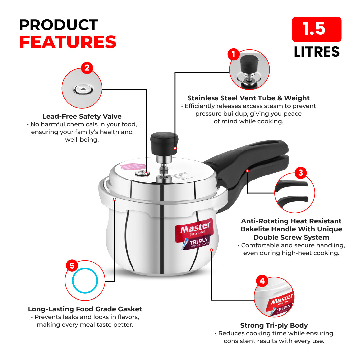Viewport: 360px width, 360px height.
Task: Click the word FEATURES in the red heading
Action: pos(68,42)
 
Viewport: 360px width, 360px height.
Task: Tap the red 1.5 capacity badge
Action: pos(316,29)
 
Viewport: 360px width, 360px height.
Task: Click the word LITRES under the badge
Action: pos(316,52)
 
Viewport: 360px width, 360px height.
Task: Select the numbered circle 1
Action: pos(234,55)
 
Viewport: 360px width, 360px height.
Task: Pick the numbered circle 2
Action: pos(87,68)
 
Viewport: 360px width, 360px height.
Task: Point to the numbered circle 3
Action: pos(300,173)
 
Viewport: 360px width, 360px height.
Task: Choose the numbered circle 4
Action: pos(262,281)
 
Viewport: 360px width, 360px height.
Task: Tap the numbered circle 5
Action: pos(72,266)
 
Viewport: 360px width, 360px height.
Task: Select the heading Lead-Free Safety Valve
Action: pos(82,116)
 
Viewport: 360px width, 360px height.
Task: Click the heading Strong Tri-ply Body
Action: pos(274,325)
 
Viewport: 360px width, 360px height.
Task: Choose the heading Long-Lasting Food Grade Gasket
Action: pos(85,309)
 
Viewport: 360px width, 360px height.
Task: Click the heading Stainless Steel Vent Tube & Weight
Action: pos(248,98)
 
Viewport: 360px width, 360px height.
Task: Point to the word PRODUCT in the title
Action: pos(58,25)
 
